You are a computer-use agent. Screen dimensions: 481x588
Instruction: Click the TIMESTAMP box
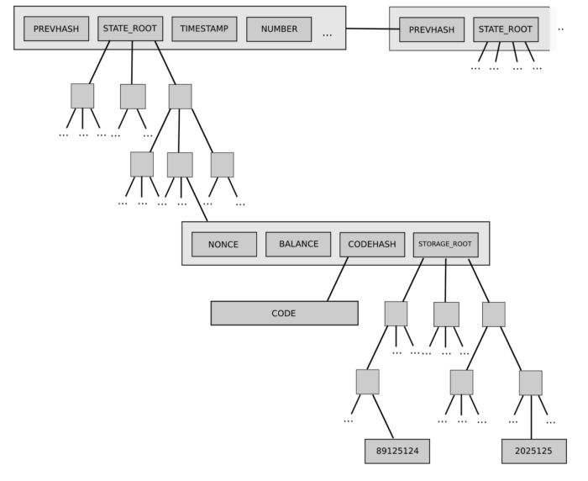point(204,29)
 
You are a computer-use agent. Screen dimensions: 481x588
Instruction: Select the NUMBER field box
point(279,29)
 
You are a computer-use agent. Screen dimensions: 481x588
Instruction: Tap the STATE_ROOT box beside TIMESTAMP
point(130,29)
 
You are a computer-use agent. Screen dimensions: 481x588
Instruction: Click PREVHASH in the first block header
point(55,29)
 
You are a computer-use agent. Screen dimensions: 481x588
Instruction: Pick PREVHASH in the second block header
point(432,29)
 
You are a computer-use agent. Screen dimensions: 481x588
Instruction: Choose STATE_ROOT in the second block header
point(506,29)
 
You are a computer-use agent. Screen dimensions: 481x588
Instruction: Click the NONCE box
point(224,245)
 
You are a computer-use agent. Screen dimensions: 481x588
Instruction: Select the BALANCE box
point(298,244)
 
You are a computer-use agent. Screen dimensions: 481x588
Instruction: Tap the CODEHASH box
point(372,245)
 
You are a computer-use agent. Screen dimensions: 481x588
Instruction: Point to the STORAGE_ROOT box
point(445,245)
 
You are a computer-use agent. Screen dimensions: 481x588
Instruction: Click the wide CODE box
point(284,313)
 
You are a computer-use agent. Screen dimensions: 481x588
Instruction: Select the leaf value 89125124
point(397,451)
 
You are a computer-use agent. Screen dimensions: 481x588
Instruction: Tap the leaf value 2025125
point(533,451)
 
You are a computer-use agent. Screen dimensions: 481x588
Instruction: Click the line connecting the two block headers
point(367,29)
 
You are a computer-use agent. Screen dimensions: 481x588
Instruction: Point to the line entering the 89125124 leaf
point(383,417)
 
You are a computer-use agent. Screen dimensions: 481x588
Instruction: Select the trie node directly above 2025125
point(530,383)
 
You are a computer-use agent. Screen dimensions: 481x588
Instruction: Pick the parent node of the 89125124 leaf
point(367,382)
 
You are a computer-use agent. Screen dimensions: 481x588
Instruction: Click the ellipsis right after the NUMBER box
point(327,34)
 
